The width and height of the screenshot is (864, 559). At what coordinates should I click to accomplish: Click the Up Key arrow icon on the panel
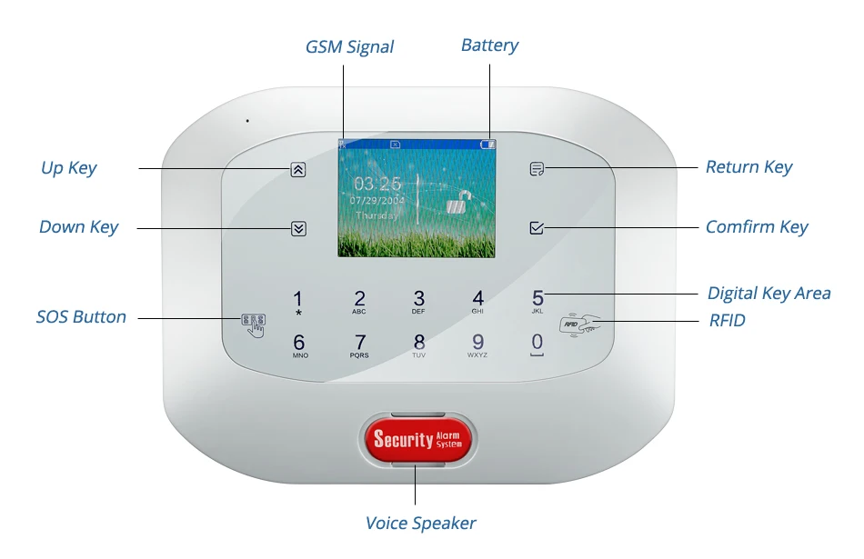tap(298, 169)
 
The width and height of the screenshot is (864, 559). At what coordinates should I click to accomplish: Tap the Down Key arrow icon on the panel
tap(298, 228)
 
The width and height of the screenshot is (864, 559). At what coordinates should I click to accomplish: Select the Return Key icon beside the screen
tap(537, 168)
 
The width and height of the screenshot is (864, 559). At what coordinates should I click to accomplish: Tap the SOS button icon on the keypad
tap(253, 323)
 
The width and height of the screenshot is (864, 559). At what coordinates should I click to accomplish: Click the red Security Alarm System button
tap(417, 440)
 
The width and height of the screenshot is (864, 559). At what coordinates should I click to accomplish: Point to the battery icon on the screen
tap(489, 144)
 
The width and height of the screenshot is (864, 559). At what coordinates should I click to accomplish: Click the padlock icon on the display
tap(461, 202)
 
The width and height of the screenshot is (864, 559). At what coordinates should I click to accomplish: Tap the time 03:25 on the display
tap(377, 183)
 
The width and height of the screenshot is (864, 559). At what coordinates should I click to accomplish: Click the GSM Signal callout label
tap(349, 46)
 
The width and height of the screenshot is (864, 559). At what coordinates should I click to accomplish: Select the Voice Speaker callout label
tap(420, 523)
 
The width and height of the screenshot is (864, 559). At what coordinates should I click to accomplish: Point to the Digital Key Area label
tap(769, 293)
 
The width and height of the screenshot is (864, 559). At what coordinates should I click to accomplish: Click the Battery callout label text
tap(489, 45)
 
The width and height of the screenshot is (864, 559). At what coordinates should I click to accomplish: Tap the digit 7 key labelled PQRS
tap(360, 344)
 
